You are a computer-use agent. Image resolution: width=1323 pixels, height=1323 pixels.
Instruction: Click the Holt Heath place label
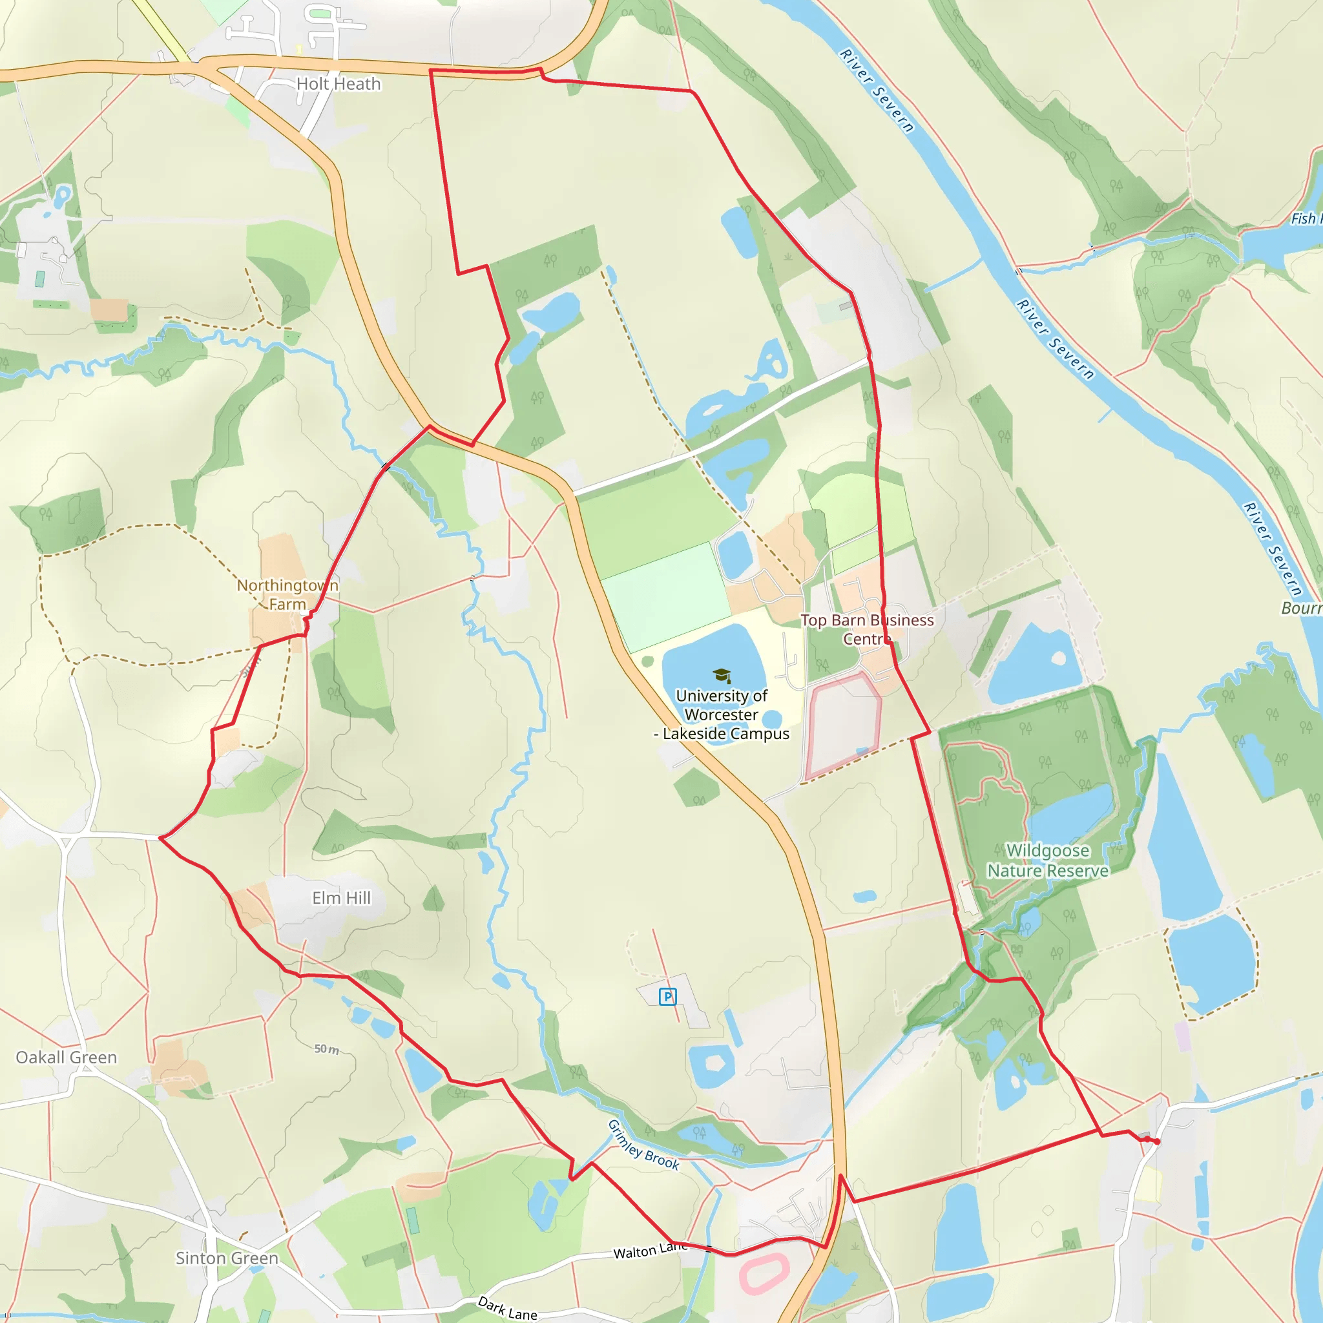tap(339, 83)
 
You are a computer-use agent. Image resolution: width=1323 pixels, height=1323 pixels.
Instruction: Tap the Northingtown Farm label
tap(287, 594)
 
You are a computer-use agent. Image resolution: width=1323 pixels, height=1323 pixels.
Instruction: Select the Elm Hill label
tap(341, 897)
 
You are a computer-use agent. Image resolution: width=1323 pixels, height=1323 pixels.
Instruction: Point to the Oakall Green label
tap(67, 1057)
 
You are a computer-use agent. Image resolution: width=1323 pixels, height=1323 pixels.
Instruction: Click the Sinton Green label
tap(227, 1258)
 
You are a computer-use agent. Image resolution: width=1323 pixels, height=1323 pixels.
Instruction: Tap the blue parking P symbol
tap(668, 996)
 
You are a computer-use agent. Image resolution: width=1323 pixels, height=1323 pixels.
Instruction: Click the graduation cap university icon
tap(722, 676)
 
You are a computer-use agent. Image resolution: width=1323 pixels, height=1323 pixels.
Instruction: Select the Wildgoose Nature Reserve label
tap(1048, 860)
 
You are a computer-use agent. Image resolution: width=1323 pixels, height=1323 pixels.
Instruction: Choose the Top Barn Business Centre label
tap(867, 629)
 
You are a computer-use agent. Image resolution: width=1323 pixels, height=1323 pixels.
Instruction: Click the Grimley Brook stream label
tap(643, 1145)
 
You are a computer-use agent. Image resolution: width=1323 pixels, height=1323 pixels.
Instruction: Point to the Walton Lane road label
tap(650, 1251)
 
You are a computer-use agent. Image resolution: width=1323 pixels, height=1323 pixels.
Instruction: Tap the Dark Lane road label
tap(507, 1308)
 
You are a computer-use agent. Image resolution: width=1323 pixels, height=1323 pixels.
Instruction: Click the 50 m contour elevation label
tap(327, 1049)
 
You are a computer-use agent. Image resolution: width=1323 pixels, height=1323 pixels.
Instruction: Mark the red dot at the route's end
tap(1156, 1141)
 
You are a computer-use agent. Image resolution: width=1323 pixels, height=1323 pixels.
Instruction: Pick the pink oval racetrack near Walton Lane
tap(764, 1275)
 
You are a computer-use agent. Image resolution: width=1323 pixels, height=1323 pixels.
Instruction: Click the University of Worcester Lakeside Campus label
tap(722, 714)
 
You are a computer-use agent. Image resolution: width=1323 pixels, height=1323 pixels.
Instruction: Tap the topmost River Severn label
tap(877, 90)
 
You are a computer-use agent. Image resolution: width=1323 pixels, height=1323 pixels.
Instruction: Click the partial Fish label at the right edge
tap(1305, 218)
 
